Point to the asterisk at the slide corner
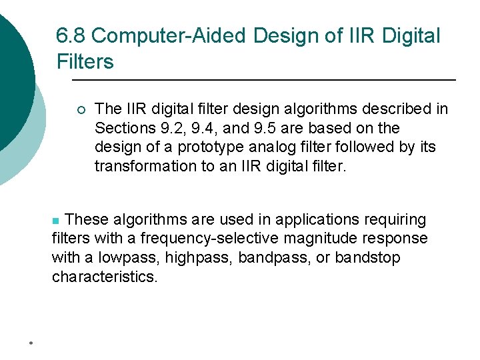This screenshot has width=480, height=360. [31, 344]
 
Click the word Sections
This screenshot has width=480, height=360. [119, 128]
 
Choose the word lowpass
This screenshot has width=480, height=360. [121, 258]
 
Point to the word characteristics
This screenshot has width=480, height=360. [105, 277]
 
